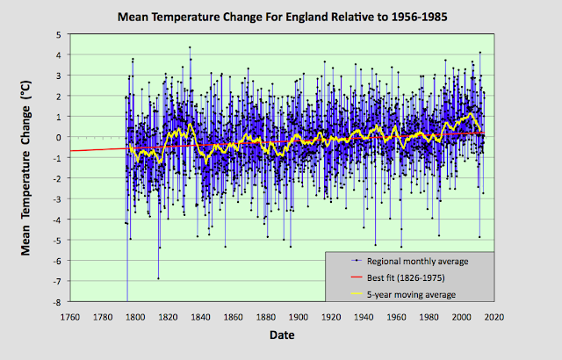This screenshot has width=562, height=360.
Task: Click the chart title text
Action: tap(281, 17)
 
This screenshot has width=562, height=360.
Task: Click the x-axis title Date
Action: tap(281, 335)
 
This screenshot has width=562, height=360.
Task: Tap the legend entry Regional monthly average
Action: tap(412, 261)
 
